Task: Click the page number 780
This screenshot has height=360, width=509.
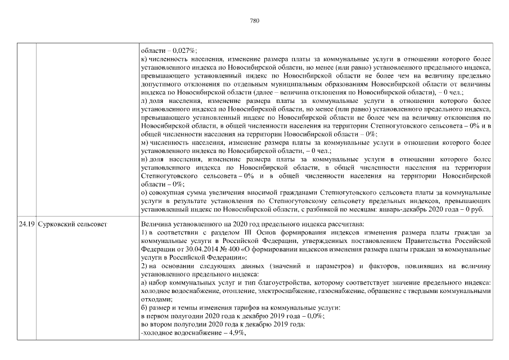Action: click(x=254, y=21)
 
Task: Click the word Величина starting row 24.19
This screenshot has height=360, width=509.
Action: click(x=156, y=224)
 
